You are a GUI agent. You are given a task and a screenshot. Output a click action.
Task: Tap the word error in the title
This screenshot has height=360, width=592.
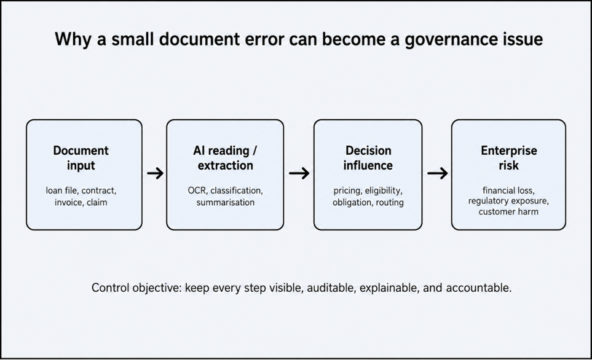[265, 39]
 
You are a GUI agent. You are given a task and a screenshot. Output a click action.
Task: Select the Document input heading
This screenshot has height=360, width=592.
[81, 158]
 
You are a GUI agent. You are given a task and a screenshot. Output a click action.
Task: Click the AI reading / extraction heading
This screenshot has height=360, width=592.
[226, 158]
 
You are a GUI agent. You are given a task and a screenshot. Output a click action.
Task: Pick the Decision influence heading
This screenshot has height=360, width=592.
[368, 158]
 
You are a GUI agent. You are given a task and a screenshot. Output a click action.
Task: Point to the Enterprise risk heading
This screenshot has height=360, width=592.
[508, 158]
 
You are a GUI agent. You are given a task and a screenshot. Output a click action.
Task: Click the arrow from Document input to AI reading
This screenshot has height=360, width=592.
[155, 174]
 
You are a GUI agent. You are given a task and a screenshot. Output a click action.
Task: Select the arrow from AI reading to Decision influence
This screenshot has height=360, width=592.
[299, 174]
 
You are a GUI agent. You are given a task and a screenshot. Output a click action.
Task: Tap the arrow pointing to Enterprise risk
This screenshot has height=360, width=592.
[437, 174]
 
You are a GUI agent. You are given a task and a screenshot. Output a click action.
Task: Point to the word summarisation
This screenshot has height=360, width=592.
[226, 202]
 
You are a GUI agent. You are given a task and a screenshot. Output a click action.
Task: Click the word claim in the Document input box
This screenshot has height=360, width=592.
[97, 202]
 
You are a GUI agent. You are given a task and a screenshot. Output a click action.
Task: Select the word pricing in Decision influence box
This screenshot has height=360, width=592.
[347, 191]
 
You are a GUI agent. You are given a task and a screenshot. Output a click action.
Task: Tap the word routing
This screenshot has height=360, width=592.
[390, 203]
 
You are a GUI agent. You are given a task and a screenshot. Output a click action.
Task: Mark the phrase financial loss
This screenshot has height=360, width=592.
[508, 190]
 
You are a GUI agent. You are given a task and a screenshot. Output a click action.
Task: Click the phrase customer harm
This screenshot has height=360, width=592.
[508, 212]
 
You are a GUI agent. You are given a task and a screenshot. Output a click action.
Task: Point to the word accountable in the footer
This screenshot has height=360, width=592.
[479, 288]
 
